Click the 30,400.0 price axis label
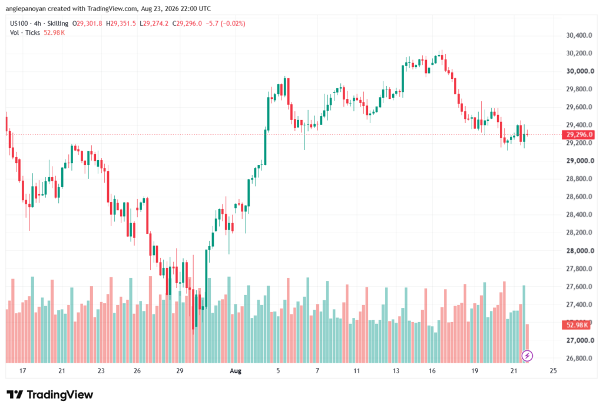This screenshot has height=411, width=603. click(x=579, y=35)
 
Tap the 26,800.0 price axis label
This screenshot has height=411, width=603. click(x=579, y=359)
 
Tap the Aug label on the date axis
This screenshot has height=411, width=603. click(x=236, y=371)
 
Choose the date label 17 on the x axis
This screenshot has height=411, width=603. click(x=23, y=371)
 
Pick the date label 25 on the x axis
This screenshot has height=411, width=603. click(x=553, y=371)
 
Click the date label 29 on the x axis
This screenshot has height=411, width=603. click(x=180, y=371)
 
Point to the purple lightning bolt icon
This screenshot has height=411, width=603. click(x=527, y=356)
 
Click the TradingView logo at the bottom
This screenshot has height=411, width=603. click(x=50, y=395)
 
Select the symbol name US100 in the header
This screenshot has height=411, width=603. click(x=19, y=24)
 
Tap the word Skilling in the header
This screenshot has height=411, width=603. click(x=58, y=24)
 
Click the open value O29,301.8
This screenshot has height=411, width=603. click(x=87, y=24)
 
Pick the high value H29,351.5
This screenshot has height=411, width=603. click(x=121, y=24)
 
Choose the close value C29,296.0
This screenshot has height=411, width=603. click(x=187, y=24)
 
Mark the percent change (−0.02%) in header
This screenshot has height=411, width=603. click(x=233, y=24)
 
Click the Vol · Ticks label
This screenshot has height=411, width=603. click(x=25, y=33)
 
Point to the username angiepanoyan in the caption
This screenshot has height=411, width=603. click(x=26, y=8)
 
